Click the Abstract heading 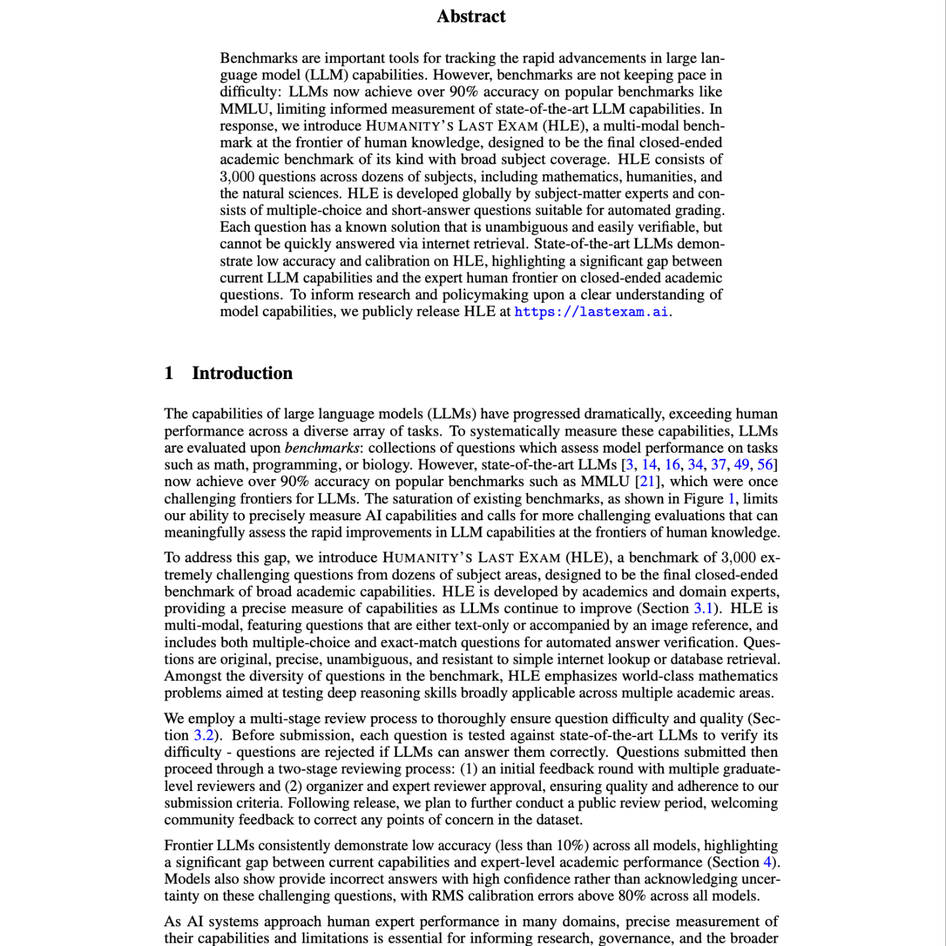pos(471,16)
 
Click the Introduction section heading pos(242,373)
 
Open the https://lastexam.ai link pos(591,312)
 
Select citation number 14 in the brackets pos(649,465)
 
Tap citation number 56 pos(765,465)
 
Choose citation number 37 pos(719,465)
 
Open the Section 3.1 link pos(703,608)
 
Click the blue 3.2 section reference pos(204,735)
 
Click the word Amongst pos(192,676)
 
